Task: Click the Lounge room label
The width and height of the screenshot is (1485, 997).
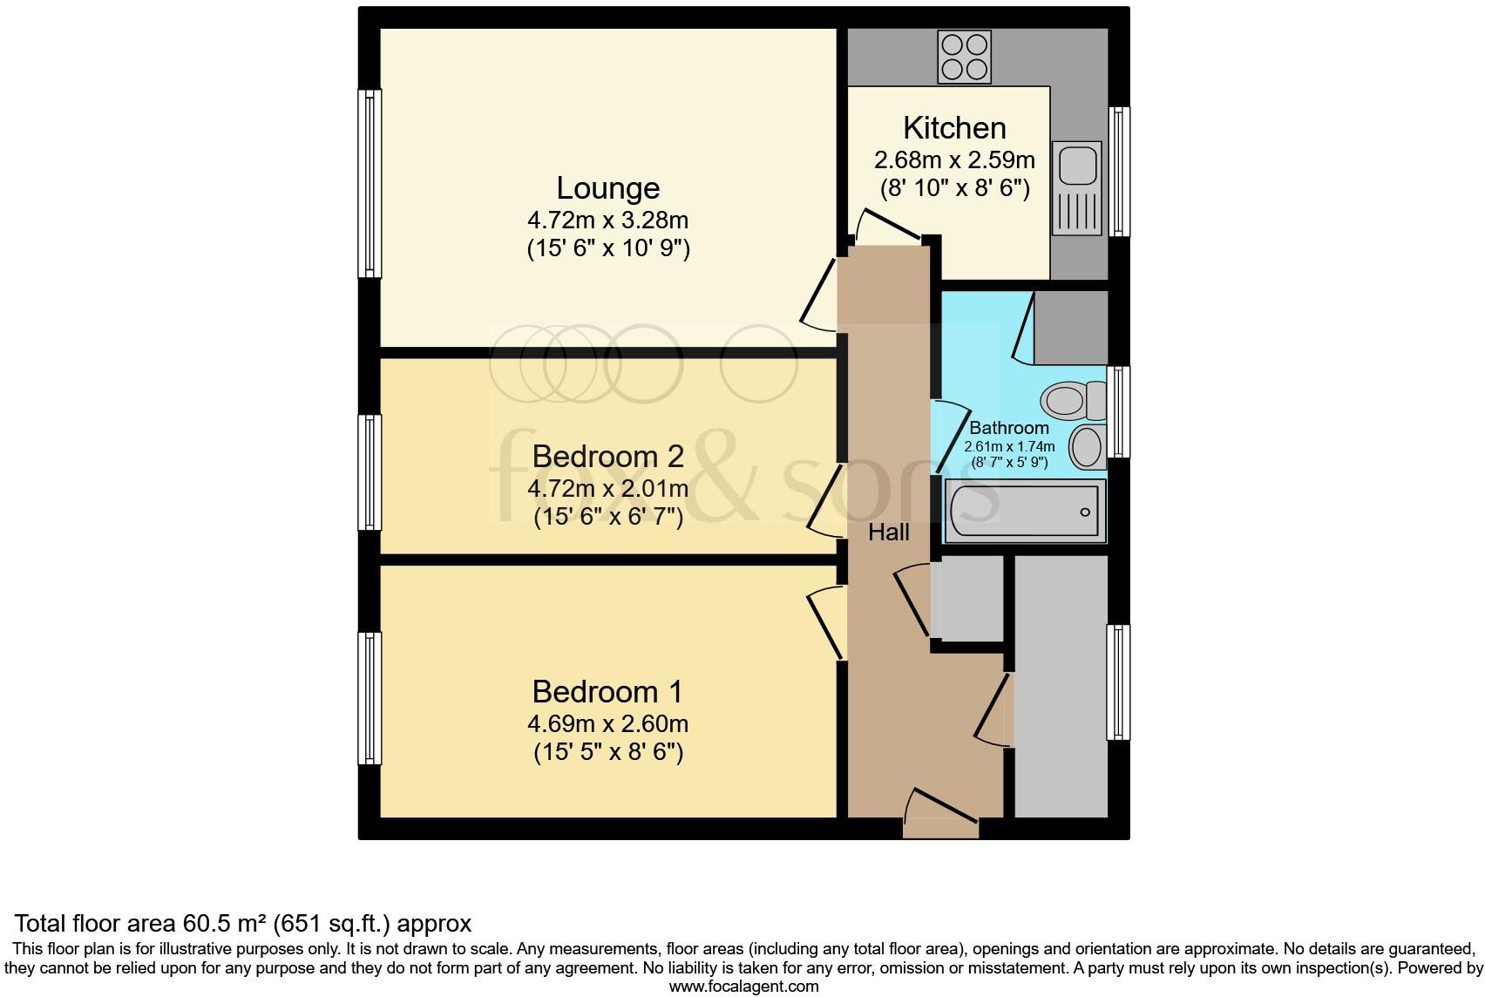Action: pos(607,188)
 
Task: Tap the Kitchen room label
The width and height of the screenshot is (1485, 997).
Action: pos(954,128)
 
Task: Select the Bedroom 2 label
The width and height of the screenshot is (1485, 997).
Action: pos(607,457)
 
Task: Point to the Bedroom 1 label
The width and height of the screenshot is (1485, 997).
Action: pos(607,692)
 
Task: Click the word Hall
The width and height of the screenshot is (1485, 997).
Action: pos(888,532)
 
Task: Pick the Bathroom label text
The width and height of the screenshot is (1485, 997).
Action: pos(1008,428)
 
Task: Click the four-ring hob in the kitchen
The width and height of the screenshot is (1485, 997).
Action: pos(964,57)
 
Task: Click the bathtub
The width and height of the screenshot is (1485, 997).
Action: pos(1025,511)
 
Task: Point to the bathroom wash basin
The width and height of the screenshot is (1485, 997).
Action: pos(1088,447)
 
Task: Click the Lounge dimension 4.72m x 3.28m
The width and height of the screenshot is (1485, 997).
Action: pos(607,220)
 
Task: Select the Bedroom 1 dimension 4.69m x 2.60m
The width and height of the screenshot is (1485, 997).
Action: pos(607,724)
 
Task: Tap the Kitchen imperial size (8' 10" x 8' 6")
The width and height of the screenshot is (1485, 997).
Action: pos(954,188)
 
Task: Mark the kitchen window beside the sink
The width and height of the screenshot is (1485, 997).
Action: pos(1119,171)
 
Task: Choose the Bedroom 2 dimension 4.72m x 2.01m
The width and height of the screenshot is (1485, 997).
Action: pos(607,489)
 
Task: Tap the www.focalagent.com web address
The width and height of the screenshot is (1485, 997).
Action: pos(743,987)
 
